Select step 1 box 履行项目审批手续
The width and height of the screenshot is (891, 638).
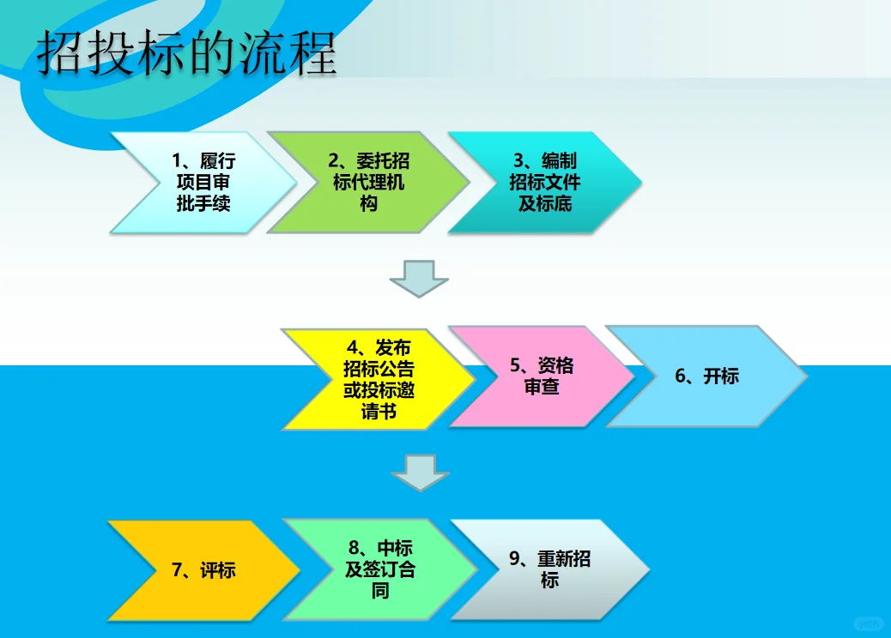click(203, 183)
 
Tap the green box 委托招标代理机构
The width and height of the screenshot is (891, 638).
click(368, 183)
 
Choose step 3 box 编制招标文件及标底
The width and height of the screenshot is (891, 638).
click(544, 183)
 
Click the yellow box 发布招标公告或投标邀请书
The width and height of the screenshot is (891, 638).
click(378, 379)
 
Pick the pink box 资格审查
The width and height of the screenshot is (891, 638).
click(542, 376)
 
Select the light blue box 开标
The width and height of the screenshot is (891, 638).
click(706, 376)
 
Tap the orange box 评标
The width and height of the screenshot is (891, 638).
click(203, 570)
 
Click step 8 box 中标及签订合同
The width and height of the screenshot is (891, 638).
click(379, 570)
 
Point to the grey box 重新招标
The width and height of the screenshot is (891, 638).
click(549, 569)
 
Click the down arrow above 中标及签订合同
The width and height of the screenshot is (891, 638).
click(420, 472)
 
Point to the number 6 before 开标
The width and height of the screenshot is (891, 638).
click(680, 376)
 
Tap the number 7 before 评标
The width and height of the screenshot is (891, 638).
click(178, 571)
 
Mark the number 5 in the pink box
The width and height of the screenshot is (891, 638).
click(515, 366)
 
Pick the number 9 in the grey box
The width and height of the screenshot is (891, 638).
click(515, 559)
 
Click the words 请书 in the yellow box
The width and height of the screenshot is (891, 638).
click(379, 412)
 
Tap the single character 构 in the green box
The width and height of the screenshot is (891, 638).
click(368, 204)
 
